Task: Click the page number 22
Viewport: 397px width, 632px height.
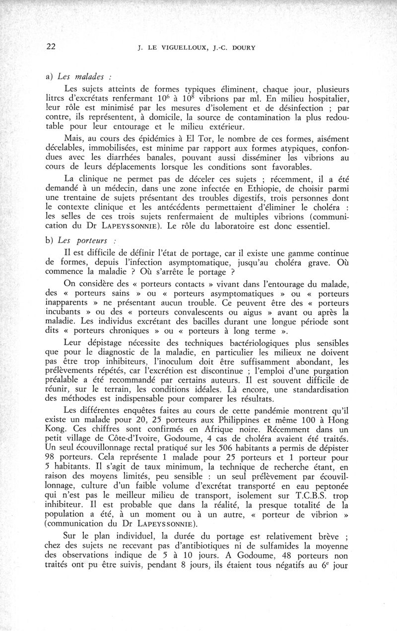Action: point(50,47)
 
